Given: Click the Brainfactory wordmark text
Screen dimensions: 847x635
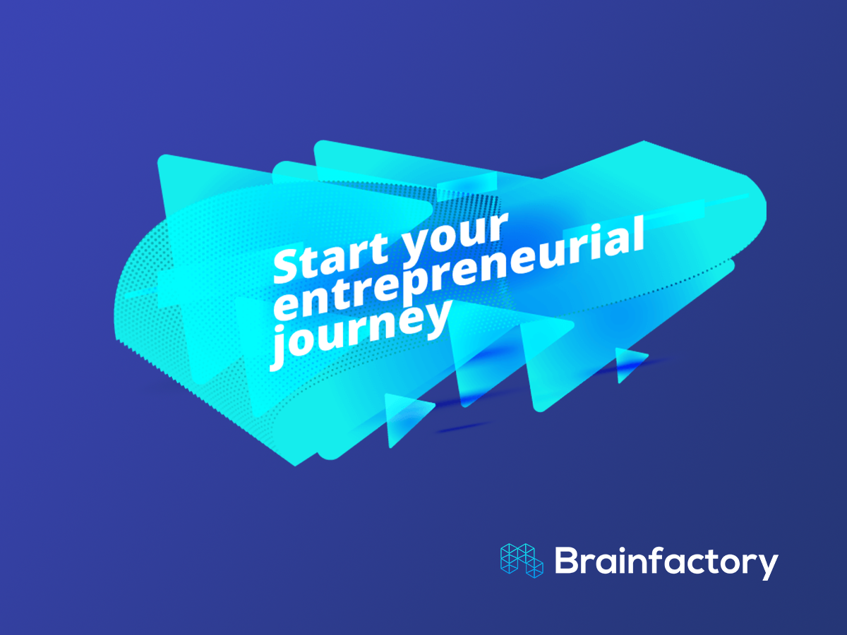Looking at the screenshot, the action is click(666, 562).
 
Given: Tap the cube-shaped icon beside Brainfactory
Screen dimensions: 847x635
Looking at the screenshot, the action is click(522, 561).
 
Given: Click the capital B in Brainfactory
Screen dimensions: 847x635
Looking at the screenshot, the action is click(567, 560).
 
